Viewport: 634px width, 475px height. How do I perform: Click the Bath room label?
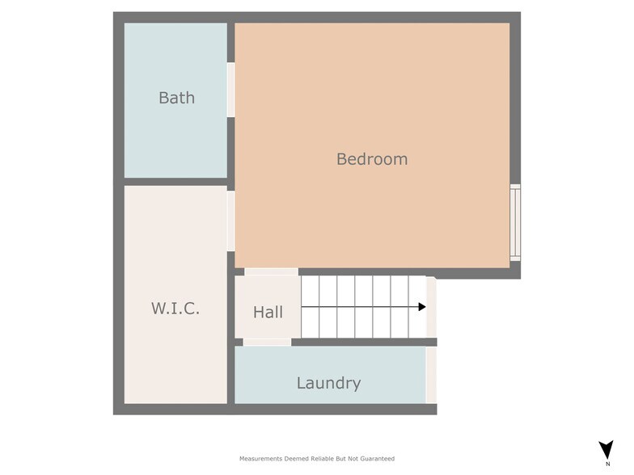176,98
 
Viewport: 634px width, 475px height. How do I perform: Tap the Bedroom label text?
372,159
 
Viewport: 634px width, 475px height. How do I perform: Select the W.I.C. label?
175,309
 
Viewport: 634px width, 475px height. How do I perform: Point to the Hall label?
268,312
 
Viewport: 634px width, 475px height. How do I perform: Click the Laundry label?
328,383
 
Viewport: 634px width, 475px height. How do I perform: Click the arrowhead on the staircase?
422,307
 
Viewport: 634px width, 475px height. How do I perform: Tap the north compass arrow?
607,449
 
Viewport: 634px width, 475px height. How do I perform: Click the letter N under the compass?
608,464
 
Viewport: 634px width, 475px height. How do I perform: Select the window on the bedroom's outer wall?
515,223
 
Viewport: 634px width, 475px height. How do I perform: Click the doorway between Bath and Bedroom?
231,90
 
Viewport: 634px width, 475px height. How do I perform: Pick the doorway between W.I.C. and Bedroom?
231,221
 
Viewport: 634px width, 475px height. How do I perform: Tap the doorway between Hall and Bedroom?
272,271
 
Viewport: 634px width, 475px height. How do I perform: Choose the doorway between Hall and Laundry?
267,343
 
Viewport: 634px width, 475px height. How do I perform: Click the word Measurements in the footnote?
260,459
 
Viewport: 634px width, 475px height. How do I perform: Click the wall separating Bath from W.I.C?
175,182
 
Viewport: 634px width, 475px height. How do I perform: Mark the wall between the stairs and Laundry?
364,343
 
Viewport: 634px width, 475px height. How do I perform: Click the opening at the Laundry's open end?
432,375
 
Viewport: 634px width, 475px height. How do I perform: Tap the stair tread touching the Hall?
311,307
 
